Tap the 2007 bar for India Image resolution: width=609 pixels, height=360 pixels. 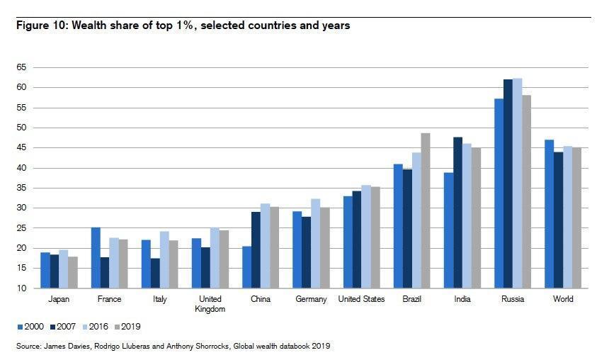457,213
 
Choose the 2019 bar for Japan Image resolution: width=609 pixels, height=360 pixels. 72,272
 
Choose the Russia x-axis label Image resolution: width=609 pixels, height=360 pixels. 512,299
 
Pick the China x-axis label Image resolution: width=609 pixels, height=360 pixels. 260,299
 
